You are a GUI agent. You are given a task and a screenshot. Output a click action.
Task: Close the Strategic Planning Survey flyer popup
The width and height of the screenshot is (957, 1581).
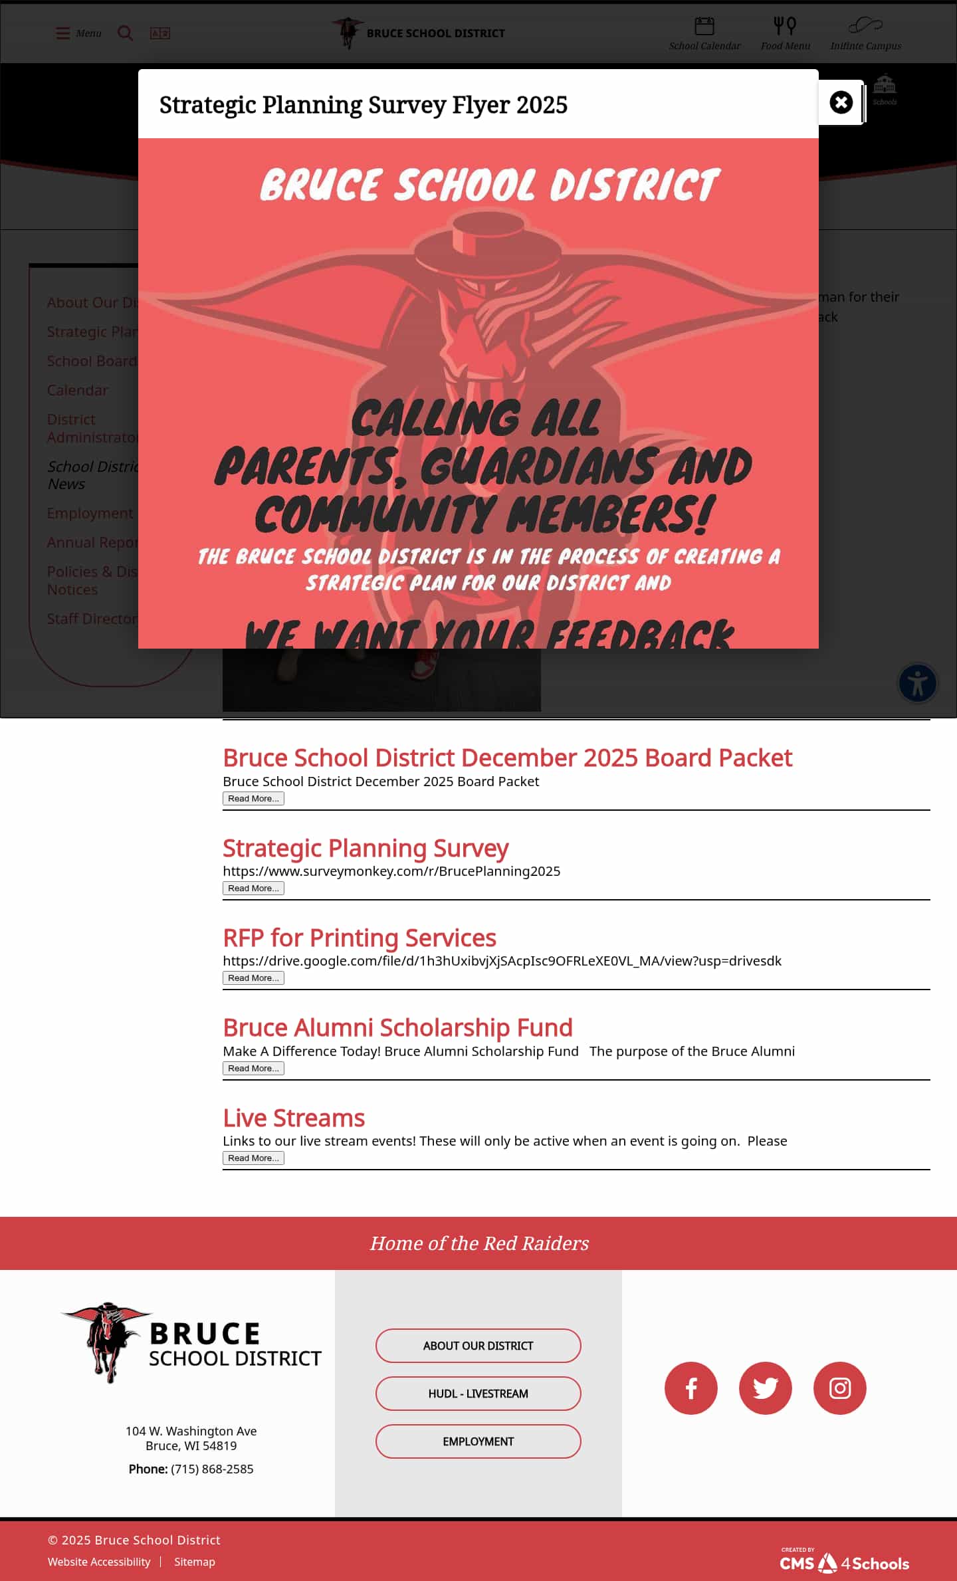(x=841, y=102)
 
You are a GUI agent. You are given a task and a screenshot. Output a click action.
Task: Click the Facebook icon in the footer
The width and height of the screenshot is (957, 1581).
(x=691, y=1388)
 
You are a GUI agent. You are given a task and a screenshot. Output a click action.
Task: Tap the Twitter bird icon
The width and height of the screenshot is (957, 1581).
(x=765, y=1388)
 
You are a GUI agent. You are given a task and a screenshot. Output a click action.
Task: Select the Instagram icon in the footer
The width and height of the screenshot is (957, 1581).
(x=839, y=1388)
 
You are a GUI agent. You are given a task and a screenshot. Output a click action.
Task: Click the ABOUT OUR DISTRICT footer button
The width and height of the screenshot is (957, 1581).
(x=478, y=1345)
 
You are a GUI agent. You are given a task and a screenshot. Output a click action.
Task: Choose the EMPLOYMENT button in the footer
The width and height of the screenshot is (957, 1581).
(x=478, y=1441)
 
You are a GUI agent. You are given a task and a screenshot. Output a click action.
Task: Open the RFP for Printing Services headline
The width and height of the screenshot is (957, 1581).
(x=359, y=938)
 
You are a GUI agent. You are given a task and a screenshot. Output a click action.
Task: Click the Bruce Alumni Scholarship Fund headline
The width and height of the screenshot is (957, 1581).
(x=397, y=1027)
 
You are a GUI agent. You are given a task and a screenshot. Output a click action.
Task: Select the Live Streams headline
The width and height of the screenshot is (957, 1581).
(x=294, y=1118)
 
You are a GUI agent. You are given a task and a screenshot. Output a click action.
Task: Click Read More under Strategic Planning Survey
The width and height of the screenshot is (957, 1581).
(x=253, y=888)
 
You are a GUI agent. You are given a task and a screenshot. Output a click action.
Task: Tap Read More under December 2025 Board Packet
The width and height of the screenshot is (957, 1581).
(x=253, y=798)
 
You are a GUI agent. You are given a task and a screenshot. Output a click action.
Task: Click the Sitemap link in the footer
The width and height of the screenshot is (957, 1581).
(x=195, y=1561)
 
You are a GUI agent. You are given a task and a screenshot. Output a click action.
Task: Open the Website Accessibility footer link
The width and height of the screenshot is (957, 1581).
(x=99, y=1561)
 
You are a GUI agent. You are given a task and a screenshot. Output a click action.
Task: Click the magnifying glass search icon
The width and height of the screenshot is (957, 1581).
(x=125, y=33)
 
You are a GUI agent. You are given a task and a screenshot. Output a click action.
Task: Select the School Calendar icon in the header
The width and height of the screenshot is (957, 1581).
(x=704, y=27)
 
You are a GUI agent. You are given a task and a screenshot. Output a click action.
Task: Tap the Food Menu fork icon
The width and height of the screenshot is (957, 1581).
(x=785, y=27)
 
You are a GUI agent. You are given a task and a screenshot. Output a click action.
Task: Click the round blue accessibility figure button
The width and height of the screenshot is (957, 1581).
(x=917, y=683)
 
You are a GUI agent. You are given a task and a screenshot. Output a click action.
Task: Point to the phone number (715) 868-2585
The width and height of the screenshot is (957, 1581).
(x=212, y=1468)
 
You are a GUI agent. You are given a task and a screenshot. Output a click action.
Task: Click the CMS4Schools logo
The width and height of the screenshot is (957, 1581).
(x=844, y=1562)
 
